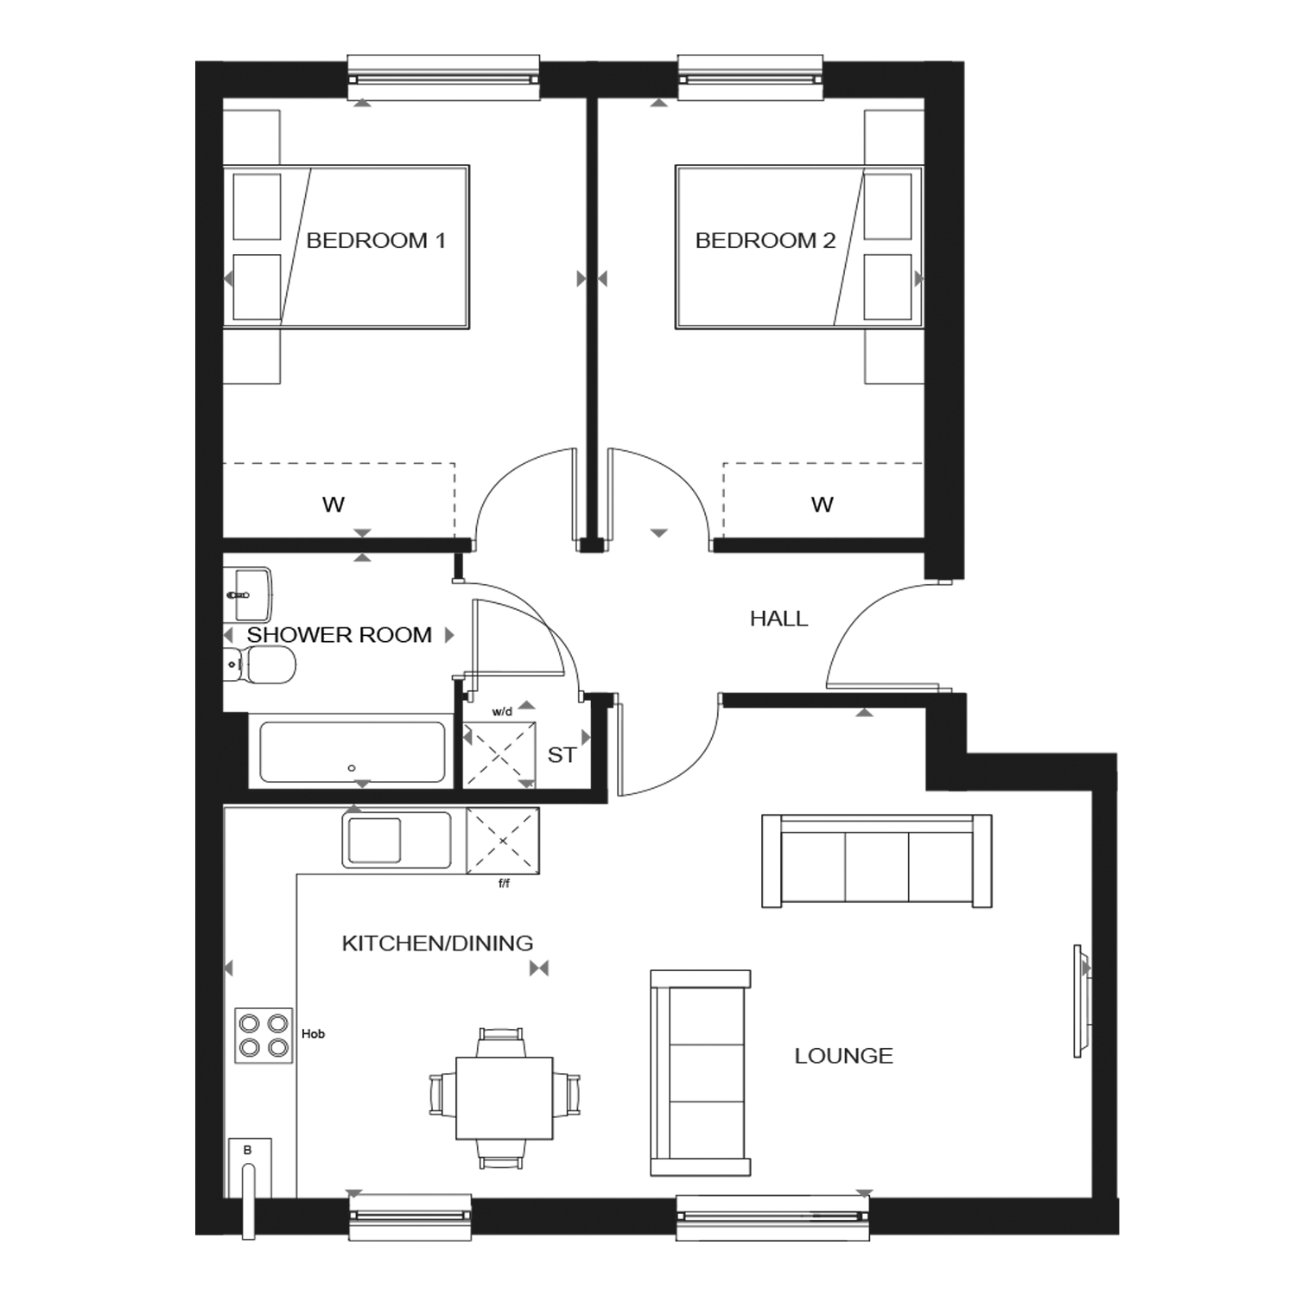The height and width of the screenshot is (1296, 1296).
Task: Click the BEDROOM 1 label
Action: coord(376,240)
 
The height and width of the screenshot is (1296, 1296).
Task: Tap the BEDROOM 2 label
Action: coord(766,240)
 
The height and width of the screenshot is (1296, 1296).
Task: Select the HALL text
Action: coord(778,619)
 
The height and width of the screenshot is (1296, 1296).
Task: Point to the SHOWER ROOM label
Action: coord(340,635)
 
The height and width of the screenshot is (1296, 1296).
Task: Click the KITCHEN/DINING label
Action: coord(437,943)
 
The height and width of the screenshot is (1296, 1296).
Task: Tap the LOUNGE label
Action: coord(843,1056)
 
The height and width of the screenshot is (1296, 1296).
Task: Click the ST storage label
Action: coord(562,755)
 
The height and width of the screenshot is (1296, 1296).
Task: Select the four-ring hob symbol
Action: coord(264,1036)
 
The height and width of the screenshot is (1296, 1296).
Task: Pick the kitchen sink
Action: coord(397,839)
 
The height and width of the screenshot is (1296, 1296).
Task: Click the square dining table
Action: coord(505,1097)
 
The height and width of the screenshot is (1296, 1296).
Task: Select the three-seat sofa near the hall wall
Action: coord(876,861)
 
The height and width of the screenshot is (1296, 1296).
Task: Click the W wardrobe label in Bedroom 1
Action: coord(334,505)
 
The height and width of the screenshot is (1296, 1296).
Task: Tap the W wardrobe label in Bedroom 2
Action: coord(823,505)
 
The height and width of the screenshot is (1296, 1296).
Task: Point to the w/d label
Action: coord(502,712)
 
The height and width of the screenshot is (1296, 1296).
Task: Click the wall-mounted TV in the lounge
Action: coord(1081,1001)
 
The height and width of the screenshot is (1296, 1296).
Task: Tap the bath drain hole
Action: coord(352,768)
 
